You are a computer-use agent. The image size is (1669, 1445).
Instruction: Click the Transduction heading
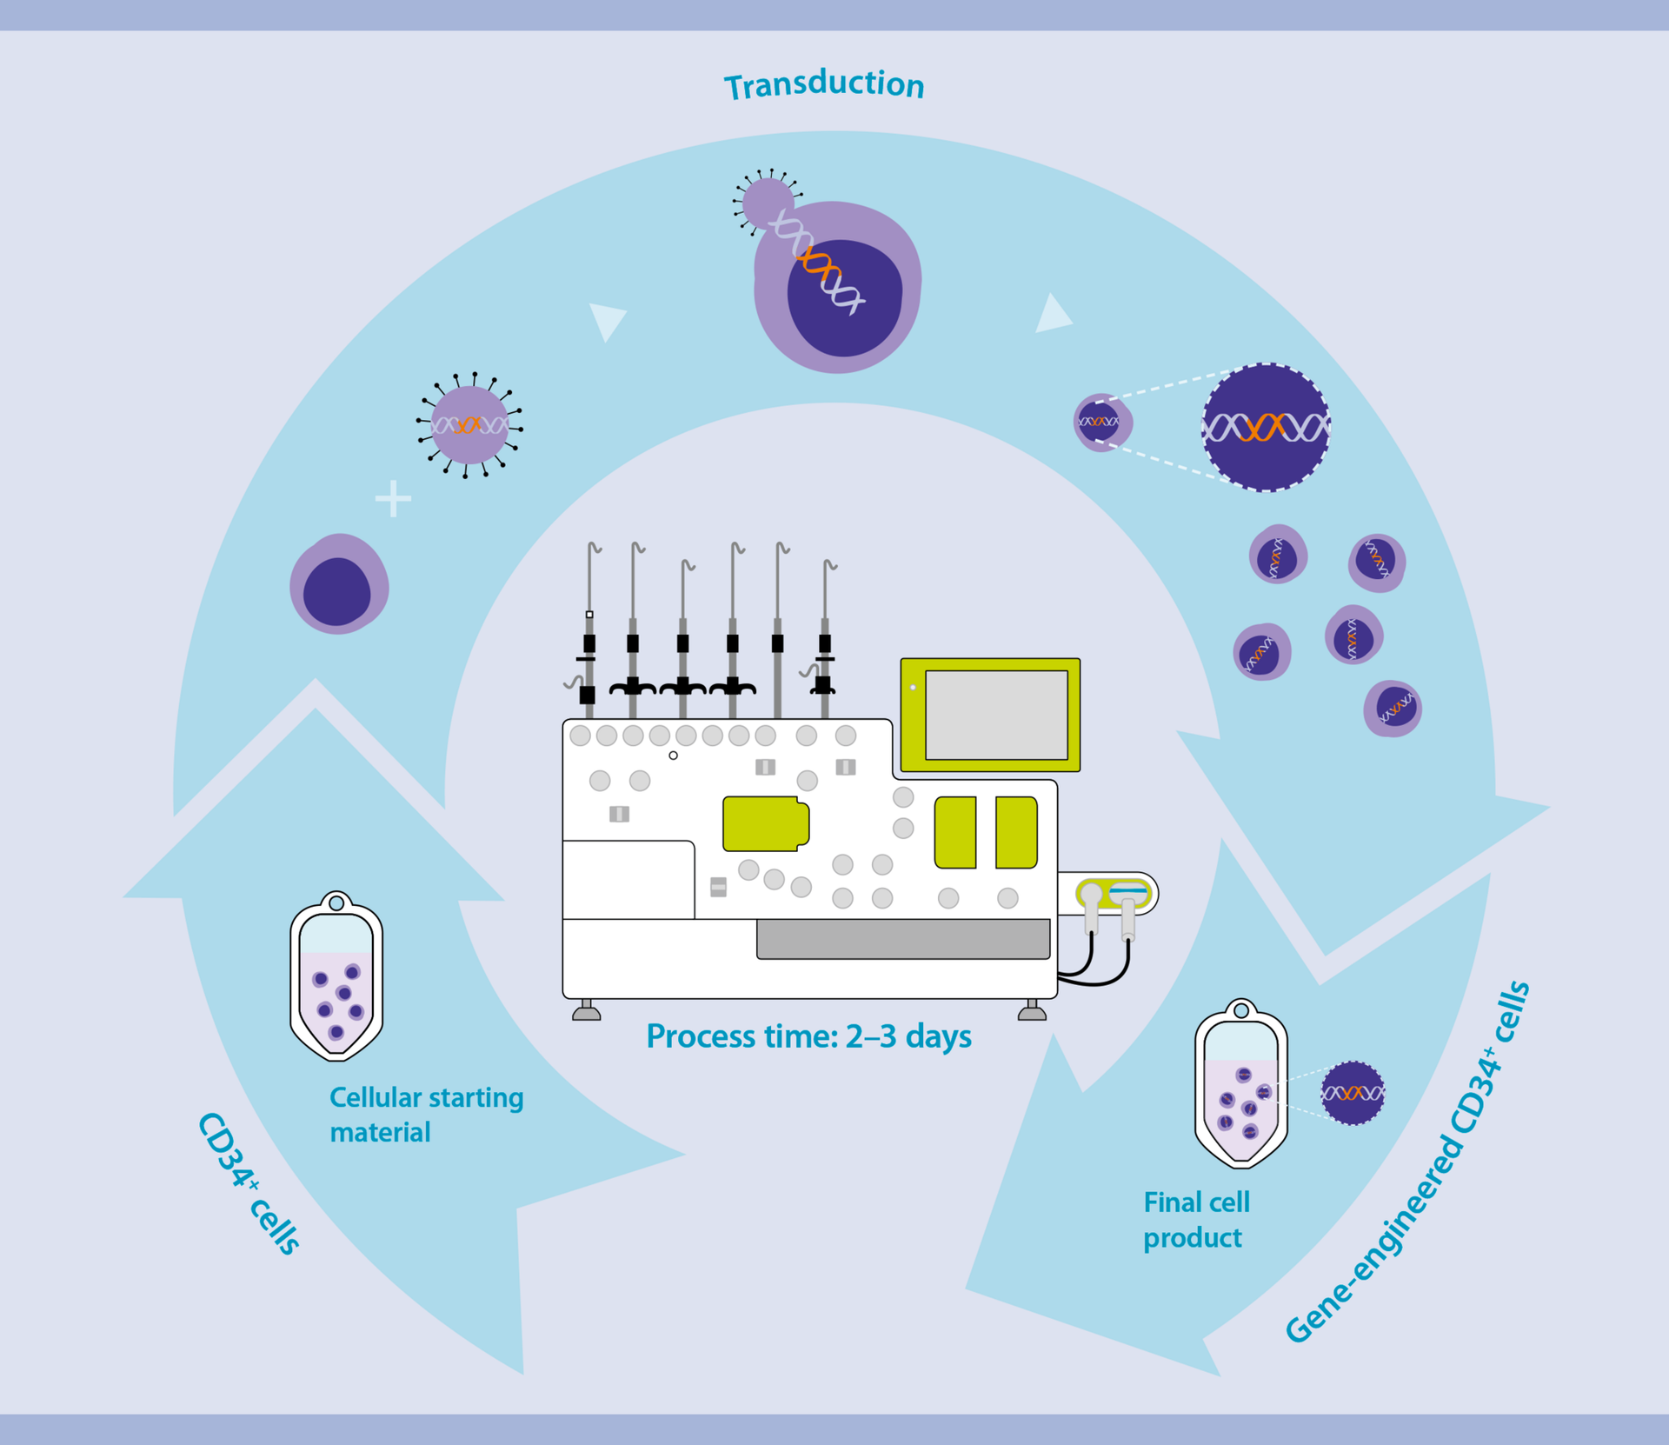click(x=824, y=84)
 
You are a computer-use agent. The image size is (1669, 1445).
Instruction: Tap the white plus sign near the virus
click(x=393, y=498)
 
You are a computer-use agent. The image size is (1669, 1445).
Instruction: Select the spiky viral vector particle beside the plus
click(x=469, y=425)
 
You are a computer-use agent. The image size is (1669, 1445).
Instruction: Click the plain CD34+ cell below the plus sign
click(x=339, y=584)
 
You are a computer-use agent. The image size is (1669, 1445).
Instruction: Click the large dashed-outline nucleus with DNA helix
click(x=1266, y=427)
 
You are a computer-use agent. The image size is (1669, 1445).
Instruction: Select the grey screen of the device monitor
click(x=996, y=715)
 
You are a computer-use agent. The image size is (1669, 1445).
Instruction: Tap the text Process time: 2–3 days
click(x=808, y=1036)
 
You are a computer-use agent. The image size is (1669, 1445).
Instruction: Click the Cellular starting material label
click(x=425, y=1114)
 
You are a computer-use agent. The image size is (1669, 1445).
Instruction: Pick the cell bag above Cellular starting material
click(x=336, y=978)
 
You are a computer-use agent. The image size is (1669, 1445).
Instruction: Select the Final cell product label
click(x=1195, y=1219)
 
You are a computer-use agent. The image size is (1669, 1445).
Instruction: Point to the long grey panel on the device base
click(x=903, y=939)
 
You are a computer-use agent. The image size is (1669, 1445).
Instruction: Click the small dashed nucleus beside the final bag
click(x=1353, y=1093)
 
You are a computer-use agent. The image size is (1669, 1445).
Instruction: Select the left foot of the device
click(x=587, y=1011)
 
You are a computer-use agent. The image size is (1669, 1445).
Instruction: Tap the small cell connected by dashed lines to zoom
click(x=1100, y=422)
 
